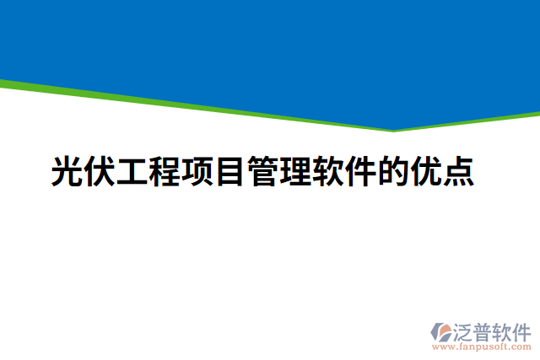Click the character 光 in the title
click(67, 170)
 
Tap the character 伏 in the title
click(100, 170)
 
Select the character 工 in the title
click(132, 170)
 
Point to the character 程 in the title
click(165, 170)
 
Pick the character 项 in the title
click(197, 170)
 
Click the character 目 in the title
click(229, 170)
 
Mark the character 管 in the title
click(262, 170)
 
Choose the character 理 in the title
click(294, 170)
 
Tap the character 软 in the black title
click(327, 170)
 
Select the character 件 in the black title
click(359, 170)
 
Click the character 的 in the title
click(392, 170)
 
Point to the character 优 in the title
click(424, 170)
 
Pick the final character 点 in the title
click(457, 170)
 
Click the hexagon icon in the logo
click(440, 331)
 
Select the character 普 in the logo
click(483, 330)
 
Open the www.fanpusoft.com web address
click(482, 346)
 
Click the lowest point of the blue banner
click(393, 128)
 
